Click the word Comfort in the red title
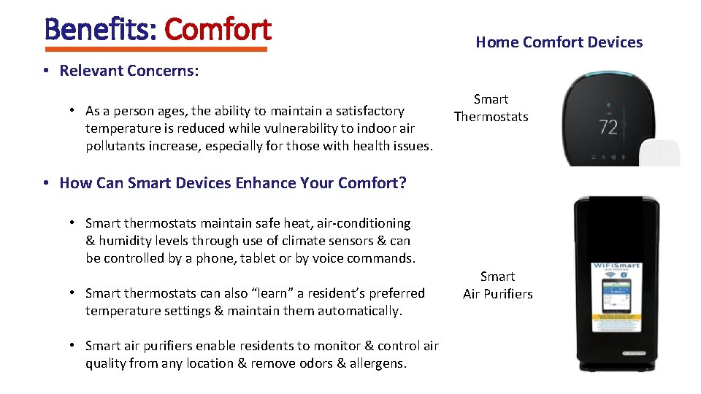218,29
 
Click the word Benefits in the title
100,29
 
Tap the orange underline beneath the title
156,50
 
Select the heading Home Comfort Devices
559,42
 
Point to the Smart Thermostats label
491,108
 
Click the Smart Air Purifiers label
497,285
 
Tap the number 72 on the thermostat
608,128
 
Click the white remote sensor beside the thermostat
660,153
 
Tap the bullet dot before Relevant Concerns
45,71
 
